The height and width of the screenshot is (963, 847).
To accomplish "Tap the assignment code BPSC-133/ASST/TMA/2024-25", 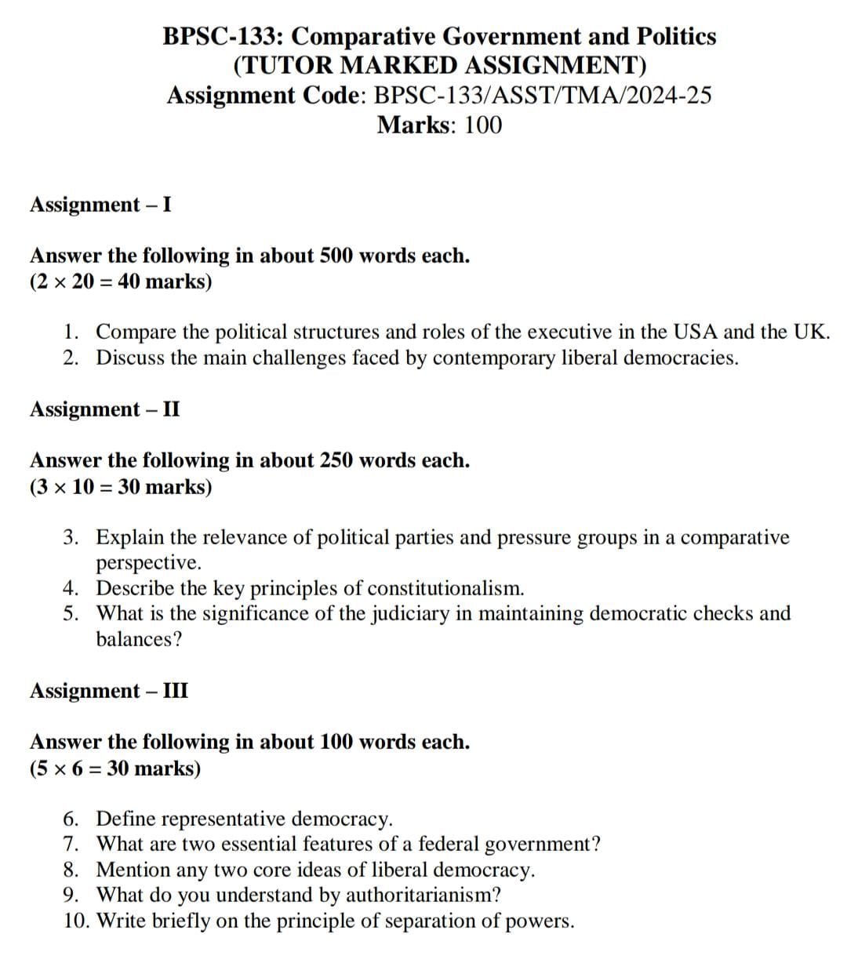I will point(543,95).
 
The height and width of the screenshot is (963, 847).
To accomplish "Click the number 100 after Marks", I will point(483,125).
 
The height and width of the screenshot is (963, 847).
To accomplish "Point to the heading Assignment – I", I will point(101,205).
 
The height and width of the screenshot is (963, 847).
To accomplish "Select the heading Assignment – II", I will point(105,409).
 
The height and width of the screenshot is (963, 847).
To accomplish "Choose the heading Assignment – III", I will point(109,691).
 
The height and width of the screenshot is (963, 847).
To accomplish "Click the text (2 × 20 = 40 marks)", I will point(121,282).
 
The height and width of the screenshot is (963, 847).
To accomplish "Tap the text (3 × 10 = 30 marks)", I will point(121,486).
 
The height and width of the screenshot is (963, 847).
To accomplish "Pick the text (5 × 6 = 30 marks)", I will point(115,768).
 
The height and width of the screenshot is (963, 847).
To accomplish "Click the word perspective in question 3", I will point(149,563).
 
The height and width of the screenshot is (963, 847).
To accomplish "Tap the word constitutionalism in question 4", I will point(445,588).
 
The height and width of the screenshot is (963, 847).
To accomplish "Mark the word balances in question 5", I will point(138,639).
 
